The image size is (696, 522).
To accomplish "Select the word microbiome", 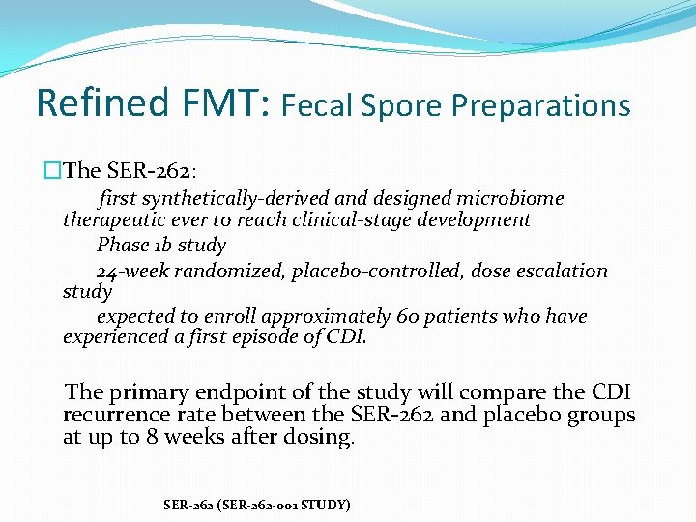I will tap(512, 198).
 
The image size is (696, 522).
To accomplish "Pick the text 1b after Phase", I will tap(160, 245).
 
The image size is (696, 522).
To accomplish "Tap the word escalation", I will tap(562, 271).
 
